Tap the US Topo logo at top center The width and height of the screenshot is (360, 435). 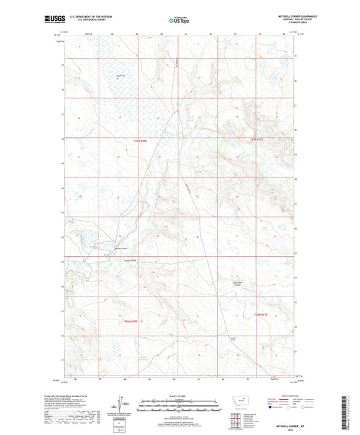click(180, 20)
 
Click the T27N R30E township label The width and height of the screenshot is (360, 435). click(136, 140)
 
